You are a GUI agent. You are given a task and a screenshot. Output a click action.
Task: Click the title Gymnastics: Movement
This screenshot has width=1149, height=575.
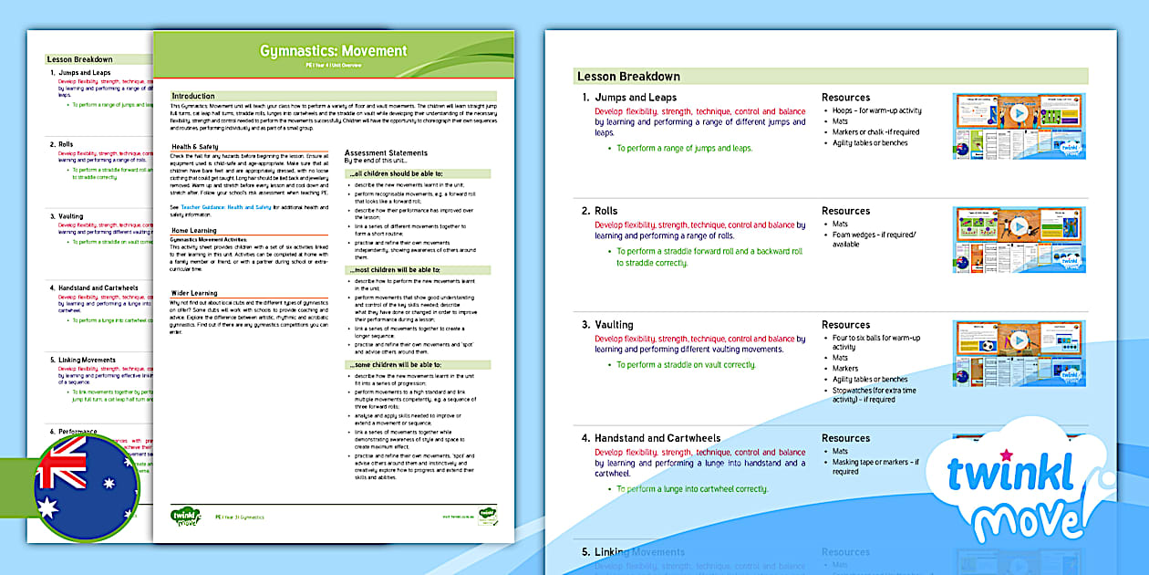click(x=333, y=51)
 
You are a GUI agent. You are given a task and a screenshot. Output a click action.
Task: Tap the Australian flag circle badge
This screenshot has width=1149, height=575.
click(x=87, y=486)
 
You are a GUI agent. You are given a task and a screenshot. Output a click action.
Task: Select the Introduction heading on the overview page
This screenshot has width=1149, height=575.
click(x=194, y=96)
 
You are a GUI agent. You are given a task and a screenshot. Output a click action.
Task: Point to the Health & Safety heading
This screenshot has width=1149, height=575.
click(x=195, y=147)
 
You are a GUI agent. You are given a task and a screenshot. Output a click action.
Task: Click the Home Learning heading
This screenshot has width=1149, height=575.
click(x=194, y=231)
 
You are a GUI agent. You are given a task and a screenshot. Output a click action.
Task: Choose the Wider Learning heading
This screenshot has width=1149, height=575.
click(x=194, y=294)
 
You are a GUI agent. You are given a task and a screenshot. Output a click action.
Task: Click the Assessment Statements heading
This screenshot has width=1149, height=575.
click(x=386, y=153)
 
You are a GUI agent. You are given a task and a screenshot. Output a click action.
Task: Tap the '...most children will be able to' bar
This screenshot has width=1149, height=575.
click(x=394, y=270)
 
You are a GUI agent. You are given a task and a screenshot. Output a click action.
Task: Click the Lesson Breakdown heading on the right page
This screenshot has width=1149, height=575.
click(x=628, y=77)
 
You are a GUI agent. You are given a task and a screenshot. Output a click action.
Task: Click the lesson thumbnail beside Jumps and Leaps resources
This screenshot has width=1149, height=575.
click(x=1020, y=127)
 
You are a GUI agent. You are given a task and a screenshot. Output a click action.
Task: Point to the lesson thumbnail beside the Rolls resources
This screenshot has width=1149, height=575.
click(x=1020, y=240)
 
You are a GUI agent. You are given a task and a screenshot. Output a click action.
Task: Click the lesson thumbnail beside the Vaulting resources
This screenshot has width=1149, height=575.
click(x=1020, y=353)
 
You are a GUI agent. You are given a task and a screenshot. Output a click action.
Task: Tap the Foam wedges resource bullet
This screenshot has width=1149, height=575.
click(x=873, y=239)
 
